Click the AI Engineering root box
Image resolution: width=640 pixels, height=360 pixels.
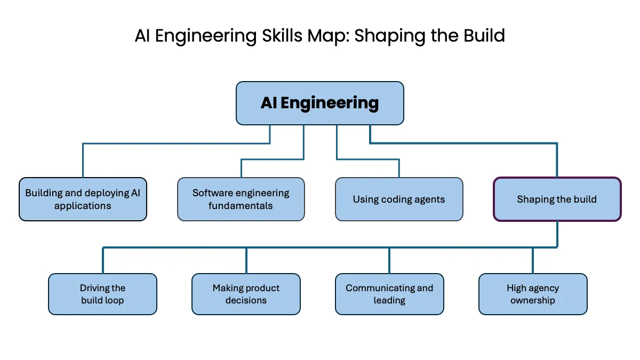coord(319,103)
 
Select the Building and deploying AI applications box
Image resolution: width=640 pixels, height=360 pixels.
coord(83,199)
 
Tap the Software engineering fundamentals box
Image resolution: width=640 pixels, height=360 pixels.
coord(241,199)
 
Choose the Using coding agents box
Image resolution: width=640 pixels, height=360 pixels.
coord(399,199)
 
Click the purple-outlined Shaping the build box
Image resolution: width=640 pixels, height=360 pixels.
coord(557,199)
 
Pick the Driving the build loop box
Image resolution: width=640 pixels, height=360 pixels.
coord(102,294)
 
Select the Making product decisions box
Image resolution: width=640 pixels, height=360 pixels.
coord(246,294)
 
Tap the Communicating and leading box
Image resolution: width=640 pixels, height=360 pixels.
coord(389,294)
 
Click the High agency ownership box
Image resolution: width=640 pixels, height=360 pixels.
coord(533,294)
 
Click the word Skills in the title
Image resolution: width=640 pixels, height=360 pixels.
coord(282,36)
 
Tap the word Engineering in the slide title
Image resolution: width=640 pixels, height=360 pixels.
coord(206,37)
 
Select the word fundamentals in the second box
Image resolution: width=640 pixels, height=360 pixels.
coord(241,206)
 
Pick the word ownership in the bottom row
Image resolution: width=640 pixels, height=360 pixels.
coord(533,301)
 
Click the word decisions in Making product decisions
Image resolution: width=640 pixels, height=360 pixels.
coord(246,300)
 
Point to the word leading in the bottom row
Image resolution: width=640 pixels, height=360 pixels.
coord(389,301)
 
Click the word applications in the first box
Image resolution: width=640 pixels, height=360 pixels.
coord(83,206)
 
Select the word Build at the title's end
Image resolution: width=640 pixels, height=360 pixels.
coord(484,36)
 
